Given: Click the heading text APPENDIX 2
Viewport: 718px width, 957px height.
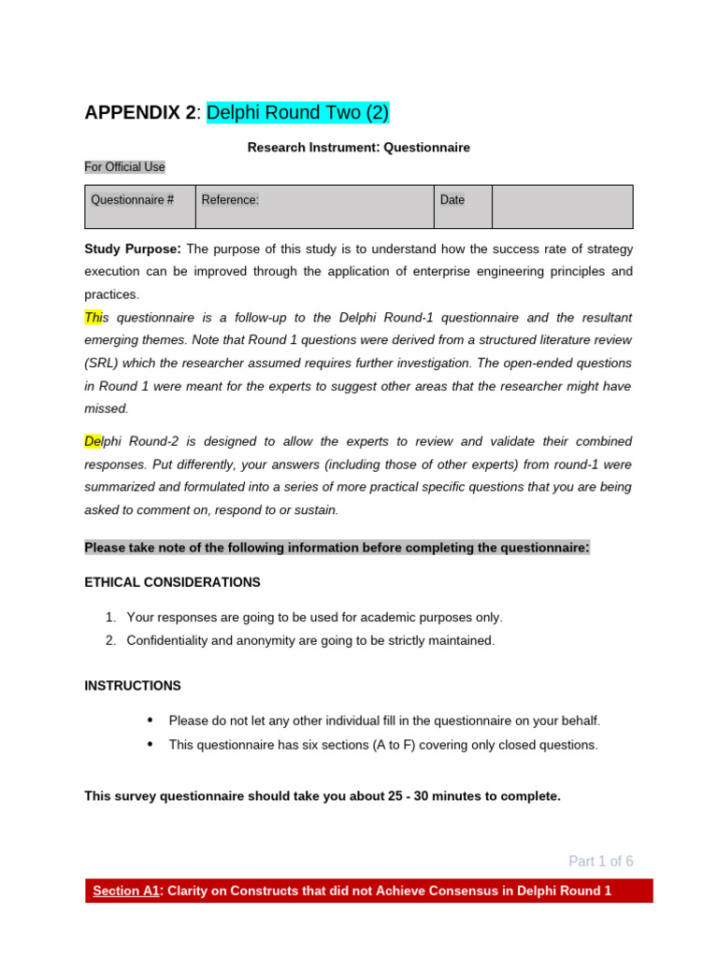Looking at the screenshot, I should pos(140,113).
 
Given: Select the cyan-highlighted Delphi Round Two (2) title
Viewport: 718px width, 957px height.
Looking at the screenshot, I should pos(297,113).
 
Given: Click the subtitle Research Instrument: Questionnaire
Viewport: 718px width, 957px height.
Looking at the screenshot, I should pos(358,148).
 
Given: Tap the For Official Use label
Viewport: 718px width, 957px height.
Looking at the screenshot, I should pos(124,167).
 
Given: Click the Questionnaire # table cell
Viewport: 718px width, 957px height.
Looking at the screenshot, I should pos(132,200).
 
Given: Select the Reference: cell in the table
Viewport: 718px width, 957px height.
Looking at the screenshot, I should pos(230,200).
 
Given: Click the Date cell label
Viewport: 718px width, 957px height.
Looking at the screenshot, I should pos(452,200).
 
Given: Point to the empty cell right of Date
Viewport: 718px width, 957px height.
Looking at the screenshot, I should pos(562,207).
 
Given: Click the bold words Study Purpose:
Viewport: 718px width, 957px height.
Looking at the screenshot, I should pos(132,250).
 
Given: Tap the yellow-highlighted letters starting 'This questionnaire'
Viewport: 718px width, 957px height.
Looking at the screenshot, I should pos(93,318).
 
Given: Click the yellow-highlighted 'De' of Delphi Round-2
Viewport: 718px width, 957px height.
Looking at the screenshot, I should pos(93,441).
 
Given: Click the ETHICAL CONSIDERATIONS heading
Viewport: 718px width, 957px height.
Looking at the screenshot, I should pos(172,582).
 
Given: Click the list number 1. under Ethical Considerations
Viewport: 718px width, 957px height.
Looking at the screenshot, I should pos(110,618).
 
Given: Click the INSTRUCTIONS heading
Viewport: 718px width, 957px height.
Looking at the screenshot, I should pos(133,686).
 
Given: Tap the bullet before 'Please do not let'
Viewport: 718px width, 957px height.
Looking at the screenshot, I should pos(151,721).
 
